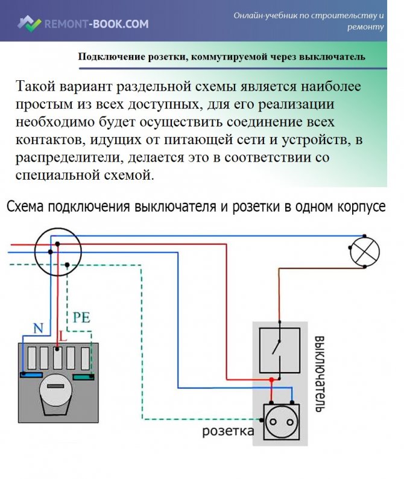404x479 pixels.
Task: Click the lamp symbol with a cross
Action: coord(365,249)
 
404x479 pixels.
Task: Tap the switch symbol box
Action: coord(279,350)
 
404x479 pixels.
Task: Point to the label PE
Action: coord(81,317)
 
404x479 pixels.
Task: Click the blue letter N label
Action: coord(39,329)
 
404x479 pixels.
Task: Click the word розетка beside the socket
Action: coord(227,432)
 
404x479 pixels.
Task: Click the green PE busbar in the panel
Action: coord(83,377)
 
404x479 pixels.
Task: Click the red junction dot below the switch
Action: coord(273,380)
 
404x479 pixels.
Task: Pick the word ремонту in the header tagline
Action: coord(365,27)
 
